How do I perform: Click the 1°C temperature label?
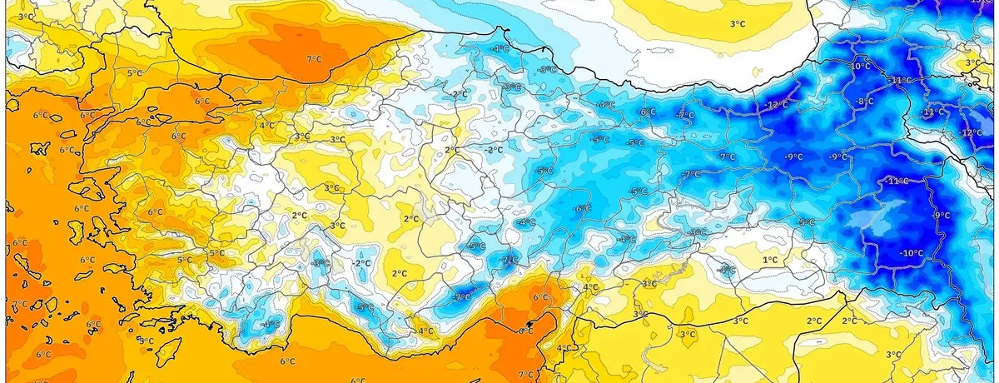(x=770, y=260)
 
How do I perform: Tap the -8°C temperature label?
(x=865, y=102)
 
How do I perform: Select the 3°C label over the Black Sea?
(x=737, y=24)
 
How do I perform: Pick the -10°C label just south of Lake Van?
(x=911, y=253)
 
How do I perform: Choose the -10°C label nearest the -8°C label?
(x=859, y=66)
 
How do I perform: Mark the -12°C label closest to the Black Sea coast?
(x=776, y=105)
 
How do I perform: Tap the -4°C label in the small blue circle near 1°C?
(x=727, y=270)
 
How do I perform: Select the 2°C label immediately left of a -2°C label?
(x=451, y=150)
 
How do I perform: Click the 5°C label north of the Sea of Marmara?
(x=136, y=73)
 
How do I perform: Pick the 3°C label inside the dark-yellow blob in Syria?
(x=688, y=335)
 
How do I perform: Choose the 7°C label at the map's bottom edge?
(x=525, y=375)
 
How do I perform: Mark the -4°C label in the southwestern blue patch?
(x=271, y=325)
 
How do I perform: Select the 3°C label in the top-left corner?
(x=26, y=17)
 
